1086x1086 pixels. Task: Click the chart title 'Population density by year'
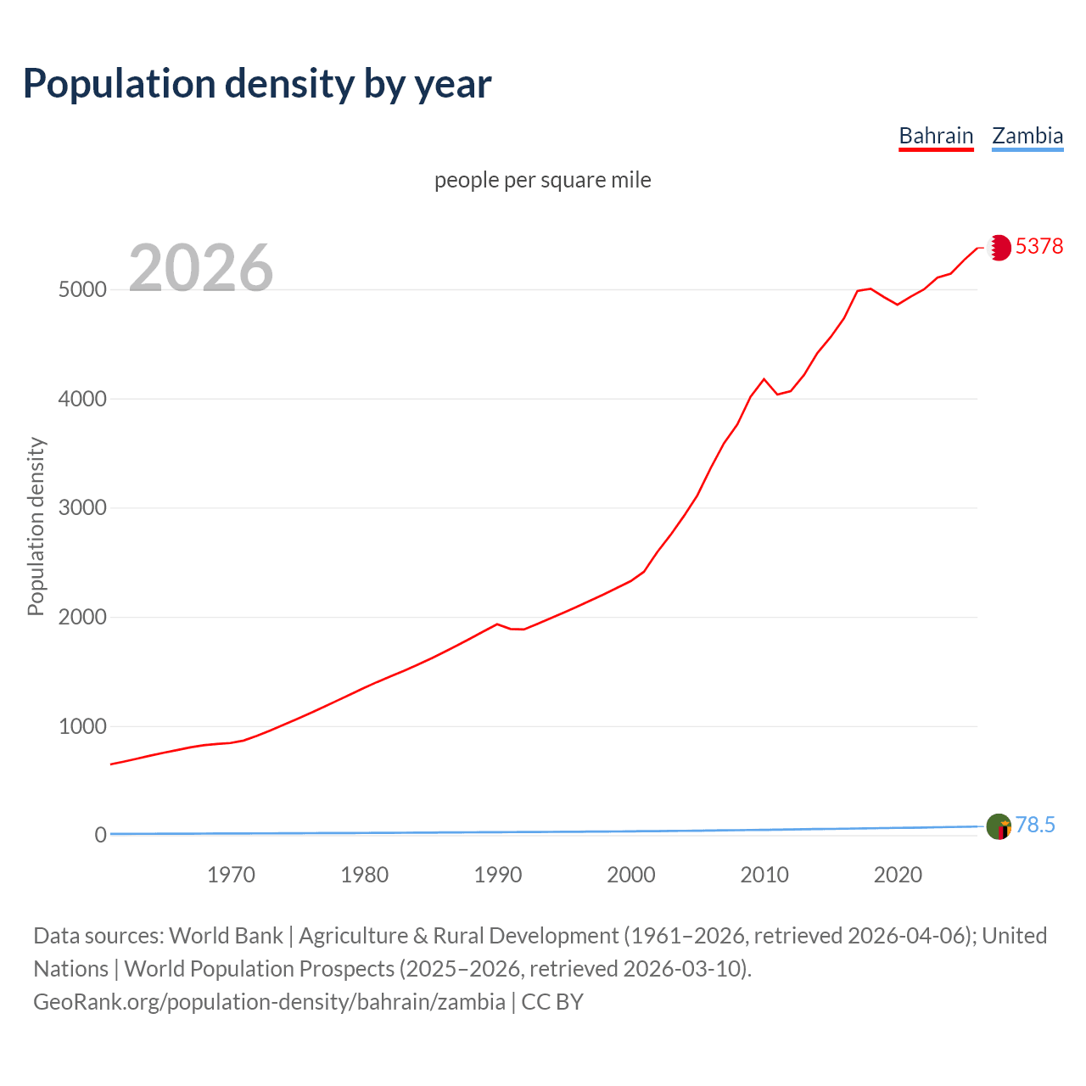point(257,84)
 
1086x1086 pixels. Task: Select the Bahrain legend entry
point(936,136)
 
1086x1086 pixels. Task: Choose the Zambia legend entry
point(1027,136)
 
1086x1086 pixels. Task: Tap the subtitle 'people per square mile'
point(542,180)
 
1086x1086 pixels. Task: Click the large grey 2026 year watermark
point(201,267)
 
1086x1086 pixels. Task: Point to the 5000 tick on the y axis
point(82,289)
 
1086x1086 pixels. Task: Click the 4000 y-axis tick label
point(82,399)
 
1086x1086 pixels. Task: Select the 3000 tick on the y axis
point(82,508)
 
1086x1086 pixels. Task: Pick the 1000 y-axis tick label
point(82,726)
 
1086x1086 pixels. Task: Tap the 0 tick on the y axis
point(100,836)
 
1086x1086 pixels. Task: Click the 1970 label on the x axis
point(231,875)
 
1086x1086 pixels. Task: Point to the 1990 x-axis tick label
point(498,875)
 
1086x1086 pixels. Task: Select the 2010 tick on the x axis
point(764,875)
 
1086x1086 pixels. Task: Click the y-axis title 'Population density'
point(36,526)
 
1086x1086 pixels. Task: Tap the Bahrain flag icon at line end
point(999,247)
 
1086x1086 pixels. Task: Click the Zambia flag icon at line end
point(999,826)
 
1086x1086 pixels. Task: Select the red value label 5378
point(1038,246)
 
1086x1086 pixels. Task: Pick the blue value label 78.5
point(1035,825)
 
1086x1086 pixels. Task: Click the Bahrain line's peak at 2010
point(764,379)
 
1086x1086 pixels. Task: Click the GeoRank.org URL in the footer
point(269,1002)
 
